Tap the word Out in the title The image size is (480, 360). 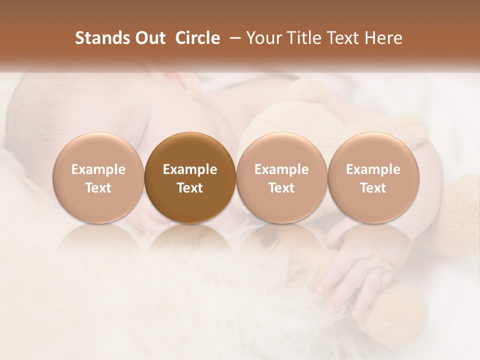[x=148, y=38]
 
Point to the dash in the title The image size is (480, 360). [x=233, y=38]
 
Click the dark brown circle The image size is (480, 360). [x=190, y=177]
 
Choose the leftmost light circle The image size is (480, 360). [x=98, y=177]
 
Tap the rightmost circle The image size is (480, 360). [x=373, y=177]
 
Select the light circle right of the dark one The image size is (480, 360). [x=281, y=177]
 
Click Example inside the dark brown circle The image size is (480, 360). [x=190, y=169]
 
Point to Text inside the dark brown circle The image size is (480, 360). [x=190, y=188]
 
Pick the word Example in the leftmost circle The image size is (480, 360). [x=98, y=169]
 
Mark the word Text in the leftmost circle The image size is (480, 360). [x=98, y=188]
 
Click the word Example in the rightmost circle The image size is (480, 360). [x=373, y=169]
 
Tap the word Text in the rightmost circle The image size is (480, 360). [x=373, y=188]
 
